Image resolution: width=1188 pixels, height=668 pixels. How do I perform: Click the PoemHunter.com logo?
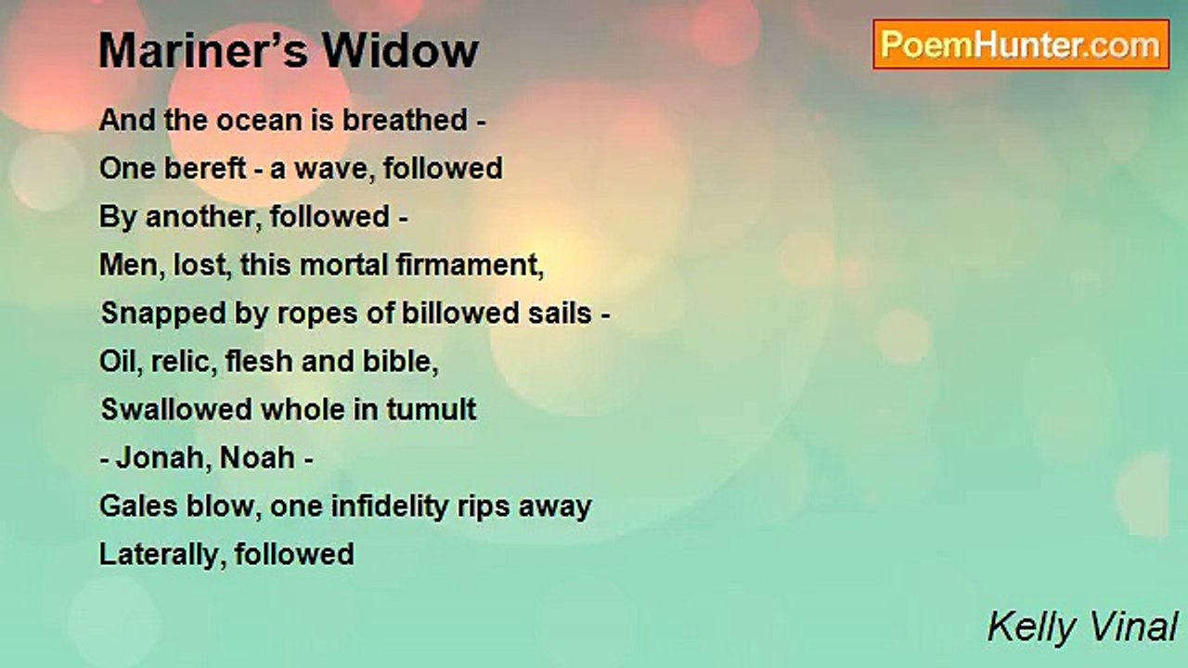pyautogui.click(x=1021, y=45)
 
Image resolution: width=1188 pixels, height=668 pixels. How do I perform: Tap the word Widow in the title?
pyautogui.click(x=400, y=51)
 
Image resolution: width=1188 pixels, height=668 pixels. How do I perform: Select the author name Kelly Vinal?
pyautogui.click(x=1082, y=627)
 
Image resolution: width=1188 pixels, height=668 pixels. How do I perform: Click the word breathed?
pyautogui.click(x=406, y=120)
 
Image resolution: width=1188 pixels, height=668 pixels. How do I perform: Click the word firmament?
pyautogui.click(x=470, y=265)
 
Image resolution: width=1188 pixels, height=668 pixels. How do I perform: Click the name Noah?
pyautogui.click(x=257, y=458)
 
